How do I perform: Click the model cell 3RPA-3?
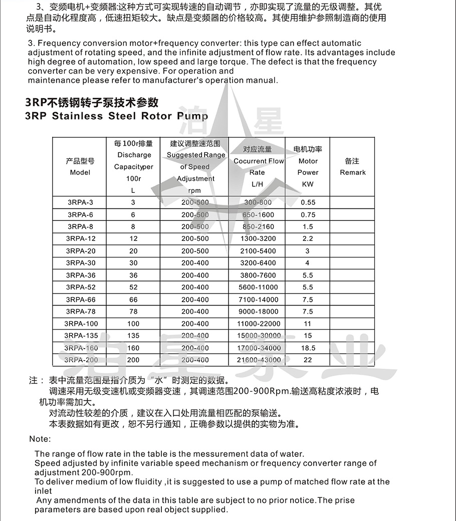pos(80,202)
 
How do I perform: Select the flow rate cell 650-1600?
pos(258,214)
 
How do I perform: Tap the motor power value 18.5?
pos(308,348)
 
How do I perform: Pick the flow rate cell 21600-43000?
pos(258,360)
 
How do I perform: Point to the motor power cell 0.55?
pos(308,202)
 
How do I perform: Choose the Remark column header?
pos(352,167)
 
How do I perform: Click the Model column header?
pos(80,167)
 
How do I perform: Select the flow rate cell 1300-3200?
pos(258,238)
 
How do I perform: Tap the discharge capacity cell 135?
pos(133,336)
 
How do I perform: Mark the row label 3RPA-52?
pos(80,287)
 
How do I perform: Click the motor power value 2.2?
pos(308,238)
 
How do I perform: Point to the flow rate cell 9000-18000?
pos(258,311)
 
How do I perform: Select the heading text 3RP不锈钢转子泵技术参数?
pos(92,103)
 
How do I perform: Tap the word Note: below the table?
pos(40,439)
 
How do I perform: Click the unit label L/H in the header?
pos(258,184)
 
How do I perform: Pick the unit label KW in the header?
pos(308,184)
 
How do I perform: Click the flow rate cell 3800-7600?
pos(258,275)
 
